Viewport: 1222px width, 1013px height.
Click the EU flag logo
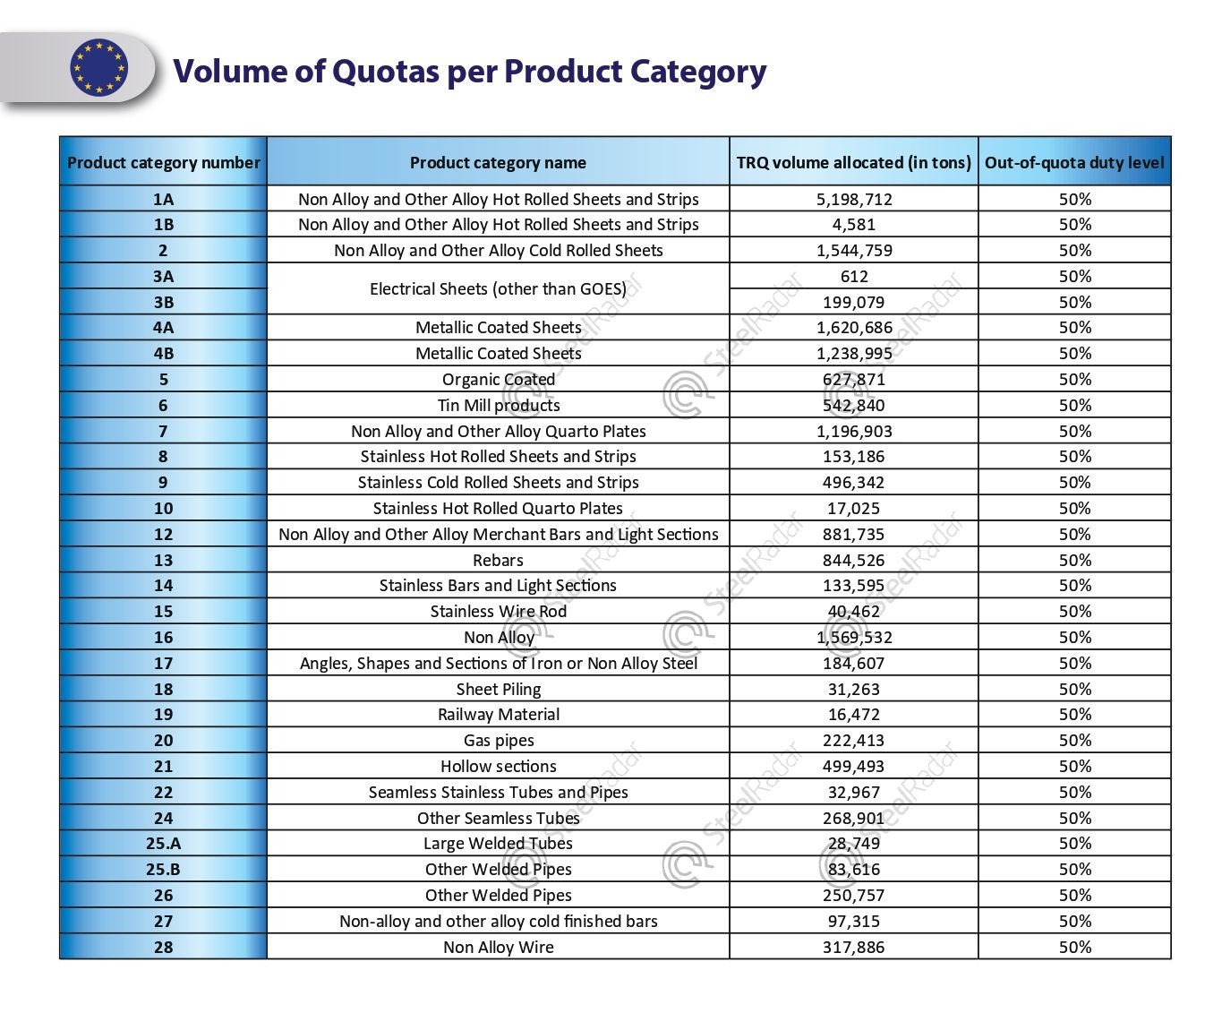coord(98,68)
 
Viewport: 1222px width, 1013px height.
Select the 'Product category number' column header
coord(163,162)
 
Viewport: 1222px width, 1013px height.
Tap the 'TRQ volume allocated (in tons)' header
coord(853,162)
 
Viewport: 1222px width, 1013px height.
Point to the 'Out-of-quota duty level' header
coord(1074,162)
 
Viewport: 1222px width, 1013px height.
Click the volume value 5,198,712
coord(854,199)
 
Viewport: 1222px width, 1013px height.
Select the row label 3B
coord(163,302)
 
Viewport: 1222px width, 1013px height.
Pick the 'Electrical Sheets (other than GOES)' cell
coord(498,288)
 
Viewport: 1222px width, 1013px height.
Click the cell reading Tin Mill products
coord(498,405)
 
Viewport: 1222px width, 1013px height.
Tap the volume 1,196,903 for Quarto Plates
coord(854,431)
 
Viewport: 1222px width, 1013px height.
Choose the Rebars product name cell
coord(498,560)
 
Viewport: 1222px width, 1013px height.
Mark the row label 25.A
coord(163,843)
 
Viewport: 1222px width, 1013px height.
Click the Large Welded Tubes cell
coord(498,843)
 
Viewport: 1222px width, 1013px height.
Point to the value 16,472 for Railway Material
coord(854,714)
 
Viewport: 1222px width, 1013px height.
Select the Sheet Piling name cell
coord(498,689)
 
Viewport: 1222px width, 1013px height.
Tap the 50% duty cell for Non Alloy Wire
coord(1074,947)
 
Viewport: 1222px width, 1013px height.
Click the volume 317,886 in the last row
coord(854,947)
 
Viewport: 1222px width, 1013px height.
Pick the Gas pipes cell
coord(498,740)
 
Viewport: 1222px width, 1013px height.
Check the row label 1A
coord(163,199)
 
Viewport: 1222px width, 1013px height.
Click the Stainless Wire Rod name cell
coord(498,611)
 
